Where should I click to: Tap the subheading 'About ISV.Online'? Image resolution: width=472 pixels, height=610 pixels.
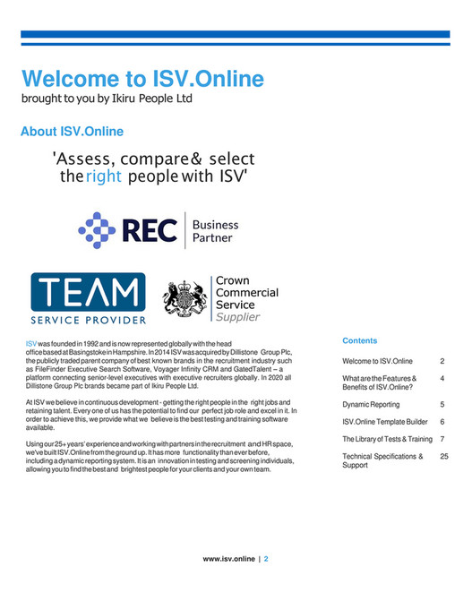coord(72,133)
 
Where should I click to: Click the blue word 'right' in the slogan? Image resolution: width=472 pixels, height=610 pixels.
coord(105,176)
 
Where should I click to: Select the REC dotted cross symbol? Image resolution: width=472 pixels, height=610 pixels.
coord(98,230)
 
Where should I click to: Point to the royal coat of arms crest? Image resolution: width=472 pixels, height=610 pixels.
coord(185,299)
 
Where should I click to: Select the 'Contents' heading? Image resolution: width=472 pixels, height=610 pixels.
coord(360,341)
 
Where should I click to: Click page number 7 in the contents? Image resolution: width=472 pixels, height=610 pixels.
coord(443,439)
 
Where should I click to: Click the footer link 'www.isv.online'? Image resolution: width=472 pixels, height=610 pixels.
coord(229,559)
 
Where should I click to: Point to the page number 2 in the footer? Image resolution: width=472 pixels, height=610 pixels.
coord(266,559)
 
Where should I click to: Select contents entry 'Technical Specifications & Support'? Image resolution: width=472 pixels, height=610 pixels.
coord(382,461)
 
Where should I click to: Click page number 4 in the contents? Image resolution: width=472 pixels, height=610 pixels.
coord(443,379)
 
